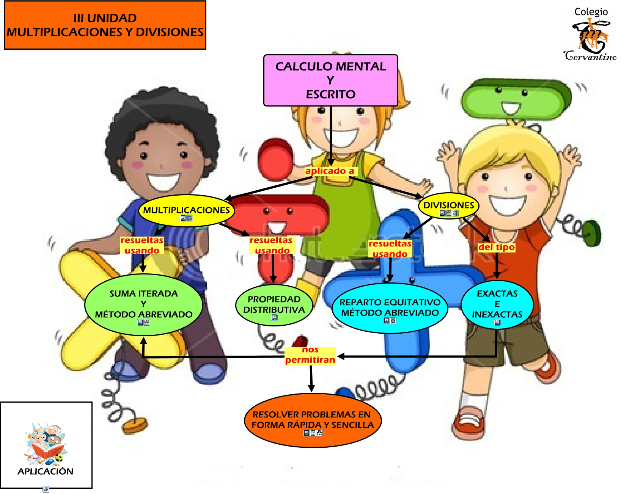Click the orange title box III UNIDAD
[x=105, y=25]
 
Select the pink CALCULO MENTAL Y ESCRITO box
[x=330, y=80]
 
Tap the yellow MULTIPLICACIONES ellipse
[x=186, y=210]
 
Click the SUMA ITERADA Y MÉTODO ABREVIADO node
[x=143, y=304]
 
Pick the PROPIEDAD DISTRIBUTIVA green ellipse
[x=274, y=304]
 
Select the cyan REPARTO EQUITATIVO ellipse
[x=390, y=307]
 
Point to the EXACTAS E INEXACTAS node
[x=497, y=304]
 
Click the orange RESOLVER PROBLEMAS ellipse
[x=313, y=420]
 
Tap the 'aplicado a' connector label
[x=330, y=171]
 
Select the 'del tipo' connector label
[x=496, y=247]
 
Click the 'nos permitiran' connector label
[x=310, y=355]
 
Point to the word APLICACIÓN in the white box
[x=46, y=471]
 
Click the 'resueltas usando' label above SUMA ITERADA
[x=142, y=245]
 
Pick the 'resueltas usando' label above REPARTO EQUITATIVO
[x=390, y=249]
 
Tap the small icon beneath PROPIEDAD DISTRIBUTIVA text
[x=274, y=318]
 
